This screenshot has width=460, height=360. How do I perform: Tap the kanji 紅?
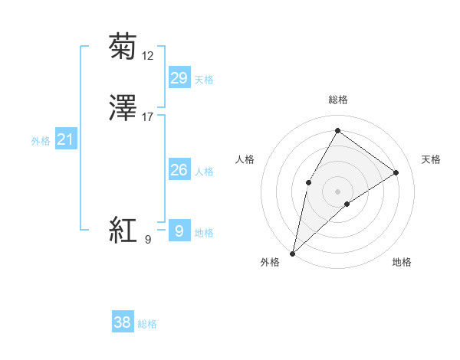click(123, 230)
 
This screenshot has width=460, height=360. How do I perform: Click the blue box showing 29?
click(179, 78)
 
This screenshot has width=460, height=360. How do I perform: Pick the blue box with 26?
click(179, 170)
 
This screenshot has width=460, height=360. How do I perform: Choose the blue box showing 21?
click(65, 139)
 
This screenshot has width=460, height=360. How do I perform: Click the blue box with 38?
click(122, 322)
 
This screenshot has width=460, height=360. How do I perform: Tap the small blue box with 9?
click(179, 231)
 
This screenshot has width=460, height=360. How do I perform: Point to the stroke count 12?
click(148, 56)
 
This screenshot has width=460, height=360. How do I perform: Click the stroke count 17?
click(148, 117)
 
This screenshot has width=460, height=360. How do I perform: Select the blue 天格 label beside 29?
click(203, 80)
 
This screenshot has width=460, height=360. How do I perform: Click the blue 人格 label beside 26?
click(203, 172)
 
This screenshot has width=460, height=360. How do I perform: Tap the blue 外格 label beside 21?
click(41, 141)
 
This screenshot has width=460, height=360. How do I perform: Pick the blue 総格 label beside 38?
click(147, 324)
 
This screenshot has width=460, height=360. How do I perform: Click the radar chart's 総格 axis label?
click(337, 100)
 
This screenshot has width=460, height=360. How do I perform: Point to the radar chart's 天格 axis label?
click(431, 159)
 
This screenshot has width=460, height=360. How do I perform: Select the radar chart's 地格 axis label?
click(402, 262)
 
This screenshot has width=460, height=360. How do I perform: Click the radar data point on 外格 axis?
click(292, 253)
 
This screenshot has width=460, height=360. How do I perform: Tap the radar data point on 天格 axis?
click(396, 172)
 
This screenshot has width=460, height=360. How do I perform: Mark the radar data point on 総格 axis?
click(337, 130)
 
